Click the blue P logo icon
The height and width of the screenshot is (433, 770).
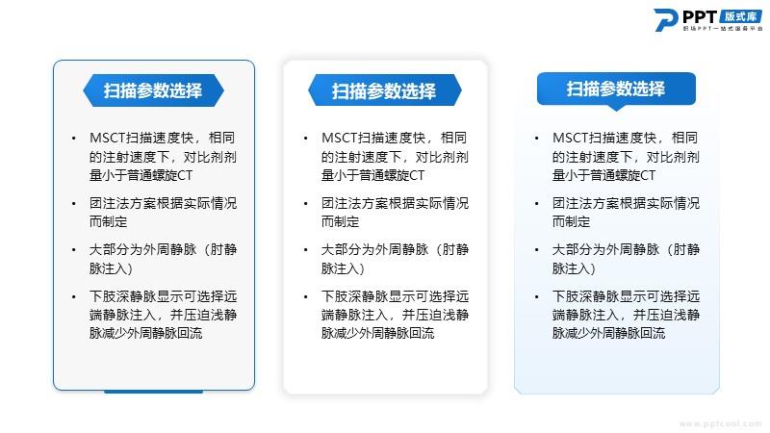point(666,20)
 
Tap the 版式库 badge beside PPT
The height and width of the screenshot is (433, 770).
point(740,16)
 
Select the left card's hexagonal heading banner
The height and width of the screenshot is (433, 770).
point(154,90)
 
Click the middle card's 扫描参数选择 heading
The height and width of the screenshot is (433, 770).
point(384,90)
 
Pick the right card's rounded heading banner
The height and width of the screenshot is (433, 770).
point(616,89)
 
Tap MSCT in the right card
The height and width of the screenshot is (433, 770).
point(570,138)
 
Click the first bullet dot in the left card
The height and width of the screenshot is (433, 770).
point(74,139)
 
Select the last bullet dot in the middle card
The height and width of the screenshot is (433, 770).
point(305,297)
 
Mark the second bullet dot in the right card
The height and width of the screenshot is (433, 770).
point(536,204)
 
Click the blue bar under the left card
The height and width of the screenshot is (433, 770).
point(154,392)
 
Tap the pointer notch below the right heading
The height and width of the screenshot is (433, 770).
point(616,108)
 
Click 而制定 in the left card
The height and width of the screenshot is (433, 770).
point(108,222)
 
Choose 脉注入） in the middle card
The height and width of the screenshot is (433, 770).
point(343,268)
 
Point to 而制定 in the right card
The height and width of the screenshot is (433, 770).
point(571,222)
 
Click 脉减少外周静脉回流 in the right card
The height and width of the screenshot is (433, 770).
point(608,333)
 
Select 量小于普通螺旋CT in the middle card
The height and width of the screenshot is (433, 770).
point(372,175)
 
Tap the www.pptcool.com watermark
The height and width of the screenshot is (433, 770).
point(720,423)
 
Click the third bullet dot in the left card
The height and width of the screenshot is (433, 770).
point(74,250)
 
